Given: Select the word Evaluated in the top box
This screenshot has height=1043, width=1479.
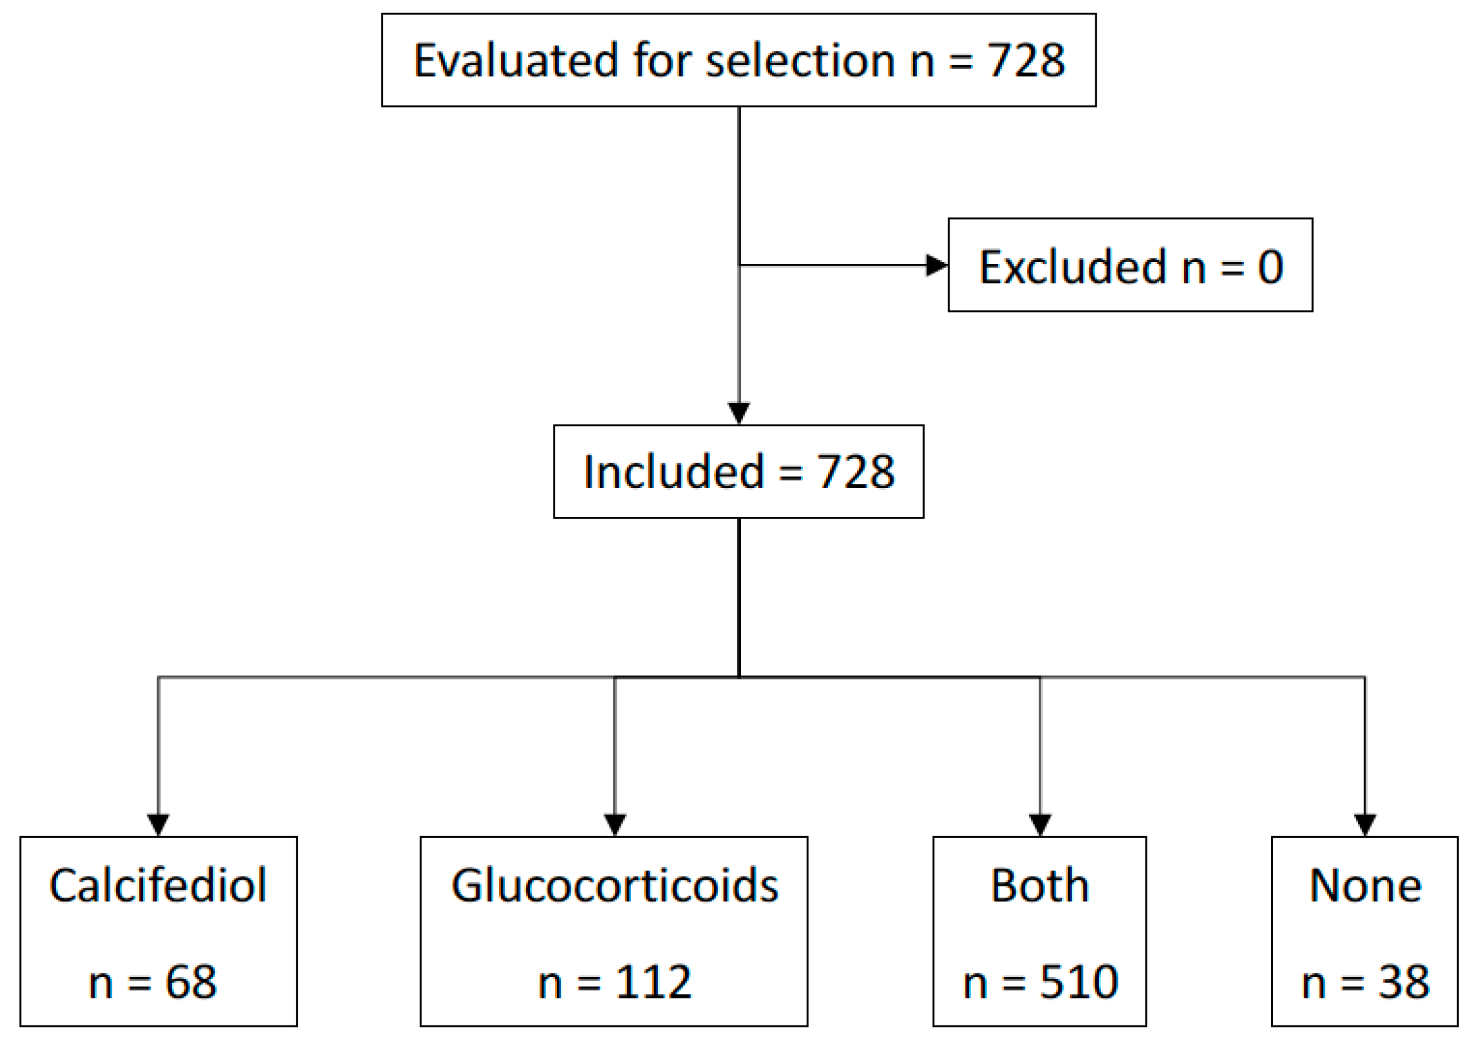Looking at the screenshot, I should pos(516,61).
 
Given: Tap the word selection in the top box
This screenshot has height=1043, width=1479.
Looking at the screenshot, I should pos(800,61).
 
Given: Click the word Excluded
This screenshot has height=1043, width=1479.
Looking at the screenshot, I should pos(1072,267).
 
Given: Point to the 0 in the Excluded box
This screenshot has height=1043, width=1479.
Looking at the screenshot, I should pos(1270,267).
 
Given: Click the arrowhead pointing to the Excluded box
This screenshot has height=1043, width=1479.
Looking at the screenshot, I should pos(936,265).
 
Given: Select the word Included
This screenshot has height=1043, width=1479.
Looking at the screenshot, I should pos(673,472).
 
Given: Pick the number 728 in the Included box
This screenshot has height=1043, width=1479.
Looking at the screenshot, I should pos(856,472).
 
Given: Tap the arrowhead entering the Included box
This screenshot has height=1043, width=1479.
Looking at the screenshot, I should pos(739,412).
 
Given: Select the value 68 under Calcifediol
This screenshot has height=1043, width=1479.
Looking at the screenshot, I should pos(191,982).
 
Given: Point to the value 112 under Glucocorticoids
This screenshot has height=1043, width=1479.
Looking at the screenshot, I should pos(653,982).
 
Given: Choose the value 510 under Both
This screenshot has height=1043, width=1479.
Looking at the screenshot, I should pos(1079,982).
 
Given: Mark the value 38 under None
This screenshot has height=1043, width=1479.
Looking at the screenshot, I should pos(1403,982).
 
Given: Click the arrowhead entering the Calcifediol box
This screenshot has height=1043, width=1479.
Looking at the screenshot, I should pos(158,824).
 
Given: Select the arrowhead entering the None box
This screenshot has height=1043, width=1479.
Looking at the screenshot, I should pos(1365,824).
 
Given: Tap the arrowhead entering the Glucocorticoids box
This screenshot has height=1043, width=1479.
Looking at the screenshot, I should pos(615,824).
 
